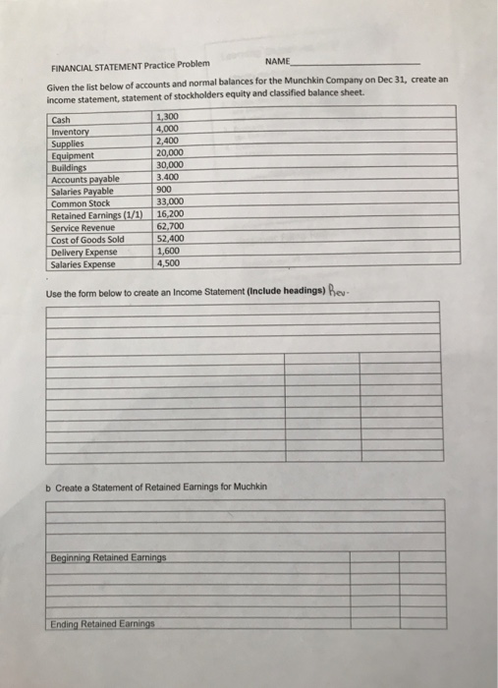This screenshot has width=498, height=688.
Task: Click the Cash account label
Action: tap(62, 120)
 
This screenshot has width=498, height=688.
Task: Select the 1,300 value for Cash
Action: tap(169, 119)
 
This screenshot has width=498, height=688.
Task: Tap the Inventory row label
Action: tap(70, 132)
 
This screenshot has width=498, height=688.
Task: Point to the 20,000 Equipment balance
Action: tap(171, 154)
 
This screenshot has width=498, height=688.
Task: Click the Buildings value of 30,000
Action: tap(171, 166)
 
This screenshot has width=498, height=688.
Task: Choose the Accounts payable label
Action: tap(84, 179)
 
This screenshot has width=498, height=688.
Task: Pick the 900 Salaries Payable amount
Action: tap(165, 191)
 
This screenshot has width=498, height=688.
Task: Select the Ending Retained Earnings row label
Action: tap(102, 623)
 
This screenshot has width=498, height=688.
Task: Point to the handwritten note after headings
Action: tap(339, 291)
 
